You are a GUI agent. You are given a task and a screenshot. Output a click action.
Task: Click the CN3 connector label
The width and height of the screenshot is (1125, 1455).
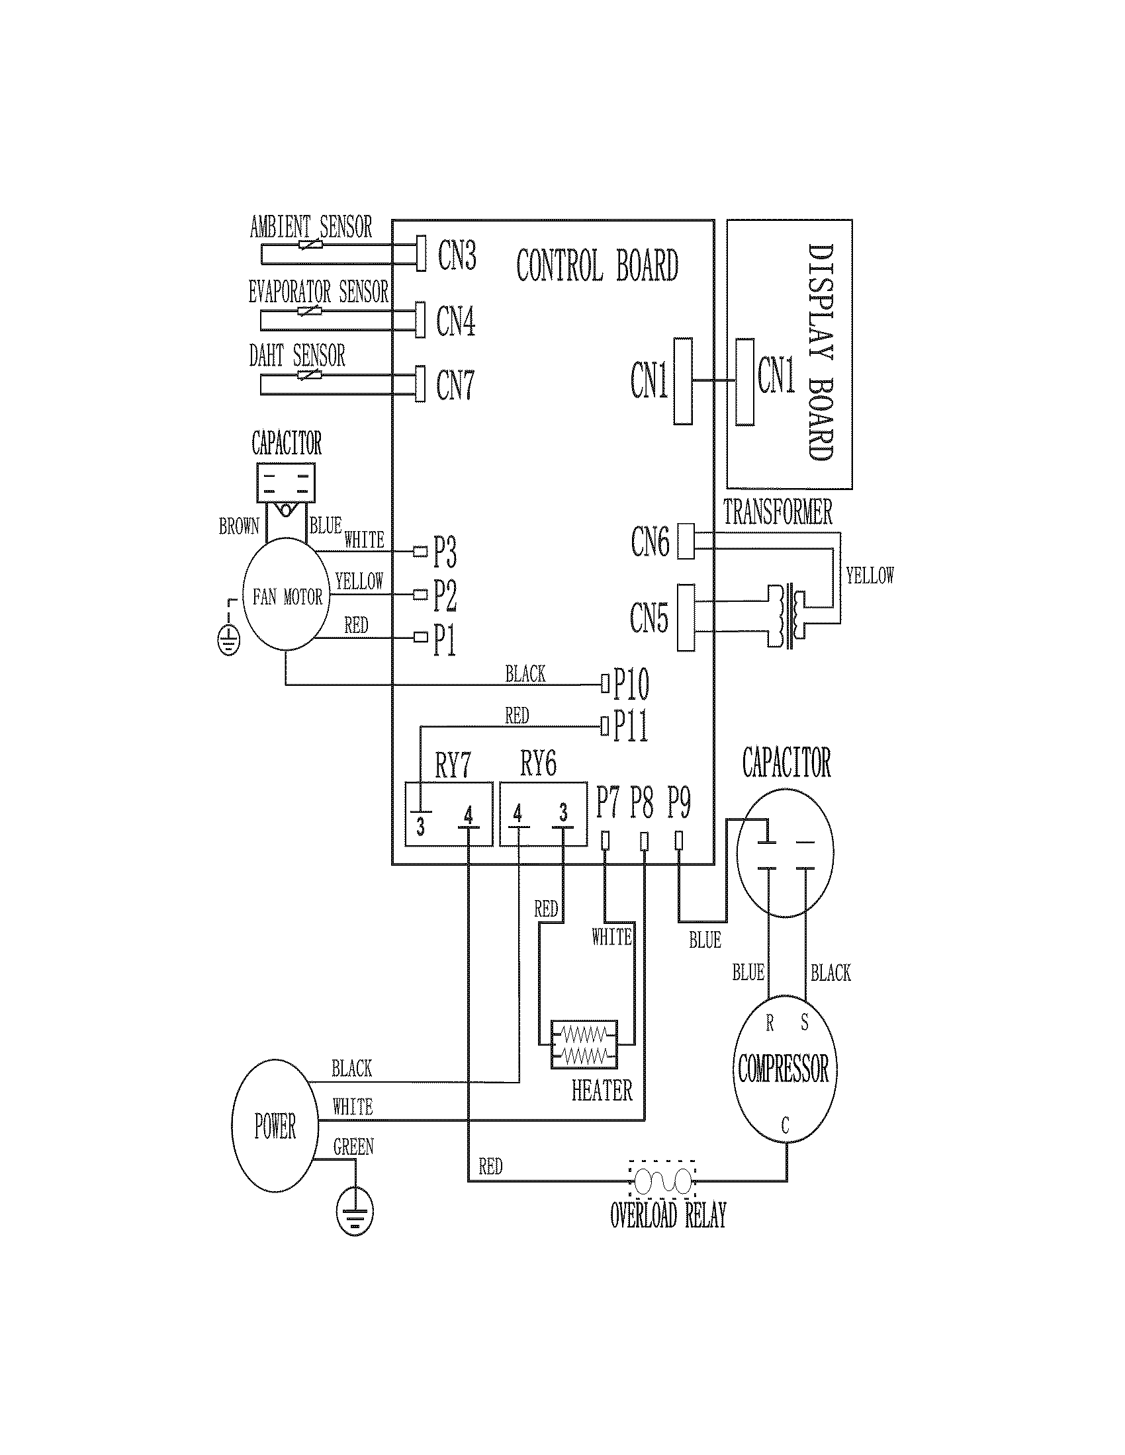point(457,255)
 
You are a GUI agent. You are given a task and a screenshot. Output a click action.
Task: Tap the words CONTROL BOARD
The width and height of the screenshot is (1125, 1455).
point(596,265)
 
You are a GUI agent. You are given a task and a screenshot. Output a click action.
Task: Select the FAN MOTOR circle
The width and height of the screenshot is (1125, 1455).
point(287,597)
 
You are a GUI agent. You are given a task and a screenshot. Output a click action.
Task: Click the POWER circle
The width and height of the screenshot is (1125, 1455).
point(275,1127)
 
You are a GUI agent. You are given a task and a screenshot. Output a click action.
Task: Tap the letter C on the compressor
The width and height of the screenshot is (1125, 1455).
point(785,1126)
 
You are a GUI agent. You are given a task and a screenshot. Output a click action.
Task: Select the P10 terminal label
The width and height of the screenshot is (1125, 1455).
point(631,684)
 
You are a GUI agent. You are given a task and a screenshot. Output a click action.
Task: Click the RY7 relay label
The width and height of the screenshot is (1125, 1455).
point(453,765)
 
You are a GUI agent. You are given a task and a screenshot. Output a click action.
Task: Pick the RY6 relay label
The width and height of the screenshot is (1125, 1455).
point(538,764)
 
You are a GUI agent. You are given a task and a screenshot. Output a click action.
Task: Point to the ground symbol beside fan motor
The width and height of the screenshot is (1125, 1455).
point(228,641)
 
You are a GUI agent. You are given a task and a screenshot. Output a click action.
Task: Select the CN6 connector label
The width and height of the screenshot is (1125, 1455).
point(650,541)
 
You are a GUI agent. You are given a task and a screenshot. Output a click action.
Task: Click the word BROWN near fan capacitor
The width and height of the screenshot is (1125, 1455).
point(239,526)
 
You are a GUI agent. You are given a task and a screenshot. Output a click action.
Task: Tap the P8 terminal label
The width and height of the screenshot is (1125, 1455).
point(642,802)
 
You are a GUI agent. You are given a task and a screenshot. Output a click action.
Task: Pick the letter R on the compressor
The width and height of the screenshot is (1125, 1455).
point(770,1023)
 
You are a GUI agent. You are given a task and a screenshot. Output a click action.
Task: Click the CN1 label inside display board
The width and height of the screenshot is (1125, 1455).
point(776,375)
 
